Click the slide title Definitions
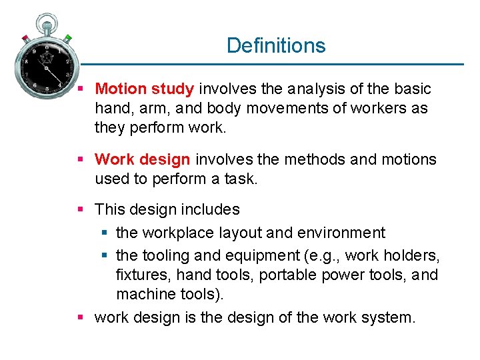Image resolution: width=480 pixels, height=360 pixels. coord(276,45)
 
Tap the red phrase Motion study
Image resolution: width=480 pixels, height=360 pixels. coord(145,89)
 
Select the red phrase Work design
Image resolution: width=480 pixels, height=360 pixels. coord(143,159)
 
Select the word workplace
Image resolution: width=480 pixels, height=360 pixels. coord(175,233)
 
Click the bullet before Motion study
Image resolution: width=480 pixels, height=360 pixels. coord(80,89)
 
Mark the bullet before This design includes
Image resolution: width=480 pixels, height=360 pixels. coord(80,209)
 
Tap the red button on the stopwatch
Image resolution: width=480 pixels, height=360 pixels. coord(25,37)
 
